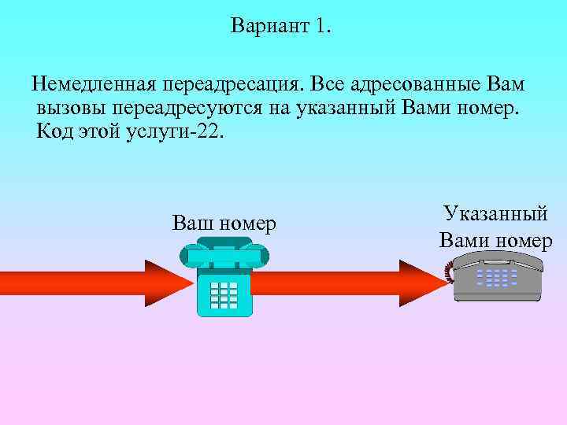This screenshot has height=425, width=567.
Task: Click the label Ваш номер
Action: click(x=224, y=224)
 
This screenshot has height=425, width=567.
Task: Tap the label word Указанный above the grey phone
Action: click(x=495, y=213)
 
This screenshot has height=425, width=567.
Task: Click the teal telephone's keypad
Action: click(x=224, y=294)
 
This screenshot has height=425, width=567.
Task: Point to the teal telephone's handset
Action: click(x=224, y=254)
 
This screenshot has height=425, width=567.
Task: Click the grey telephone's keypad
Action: click(x=498, y=278)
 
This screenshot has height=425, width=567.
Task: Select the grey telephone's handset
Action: click(x=498, y=259)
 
